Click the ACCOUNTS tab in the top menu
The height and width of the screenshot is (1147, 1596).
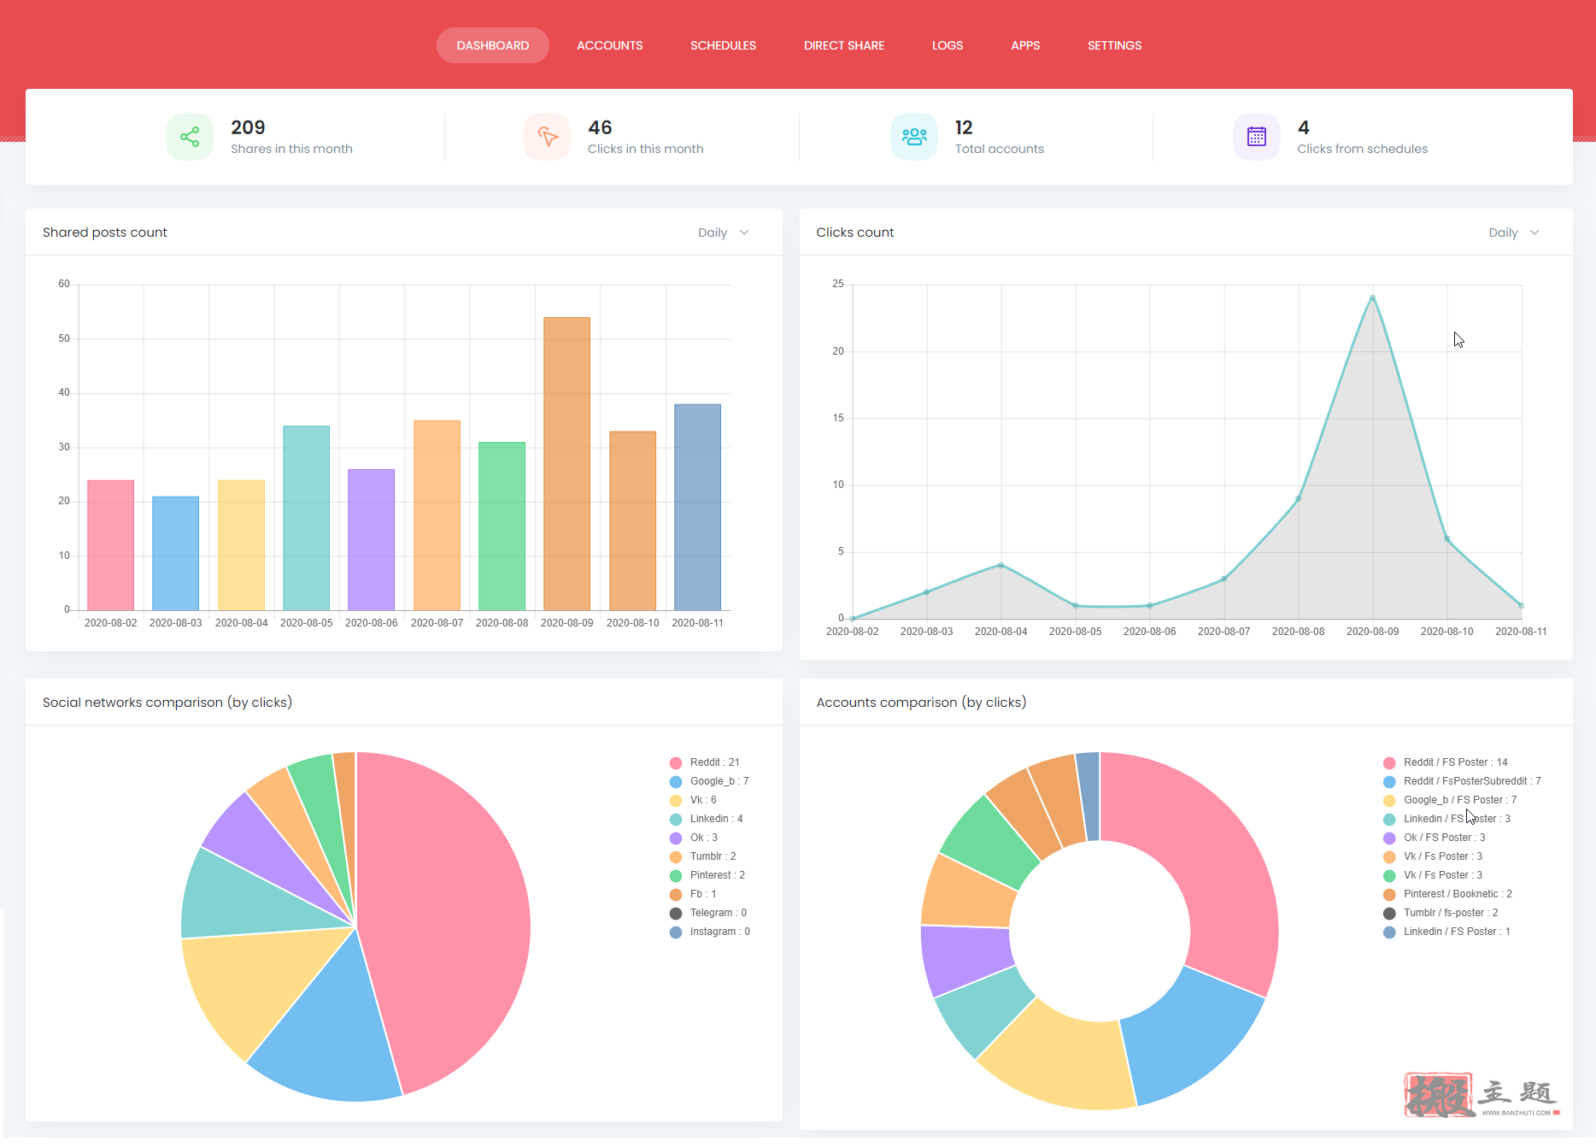609,45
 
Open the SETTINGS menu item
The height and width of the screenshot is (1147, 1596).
1114,45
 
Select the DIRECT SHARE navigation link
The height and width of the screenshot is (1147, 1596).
843,45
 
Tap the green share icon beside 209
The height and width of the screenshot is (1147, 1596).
190,137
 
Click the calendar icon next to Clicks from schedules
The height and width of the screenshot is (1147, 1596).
1256,137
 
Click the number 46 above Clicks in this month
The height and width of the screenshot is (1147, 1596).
600,127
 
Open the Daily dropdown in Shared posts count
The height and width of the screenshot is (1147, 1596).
723,232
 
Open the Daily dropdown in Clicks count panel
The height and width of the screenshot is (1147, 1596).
1513,232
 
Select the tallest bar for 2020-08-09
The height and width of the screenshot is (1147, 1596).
566,463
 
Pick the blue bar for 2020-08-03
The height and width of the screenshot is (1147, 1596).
175,553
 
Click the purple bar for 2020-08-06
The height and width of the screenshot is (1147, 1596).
371,539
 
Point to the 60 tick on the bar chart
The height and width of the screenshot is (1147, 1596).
64,284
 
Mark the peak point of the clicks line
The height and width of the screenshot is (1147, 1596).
1372,298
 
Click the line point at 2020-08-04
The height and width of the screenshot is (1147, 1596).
1000,565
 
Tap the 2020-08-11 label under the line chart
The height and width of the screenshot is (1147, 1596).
1521,632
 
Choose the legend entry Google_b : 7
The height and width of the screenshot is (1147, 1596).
709,781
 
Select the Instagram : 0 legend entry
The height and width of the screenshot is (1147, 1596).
710,932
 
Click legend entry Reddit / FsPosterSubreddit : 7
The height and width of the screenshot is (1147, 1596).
1462,781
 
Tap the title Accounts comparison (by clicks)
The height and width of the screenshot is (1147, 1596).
921,703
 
